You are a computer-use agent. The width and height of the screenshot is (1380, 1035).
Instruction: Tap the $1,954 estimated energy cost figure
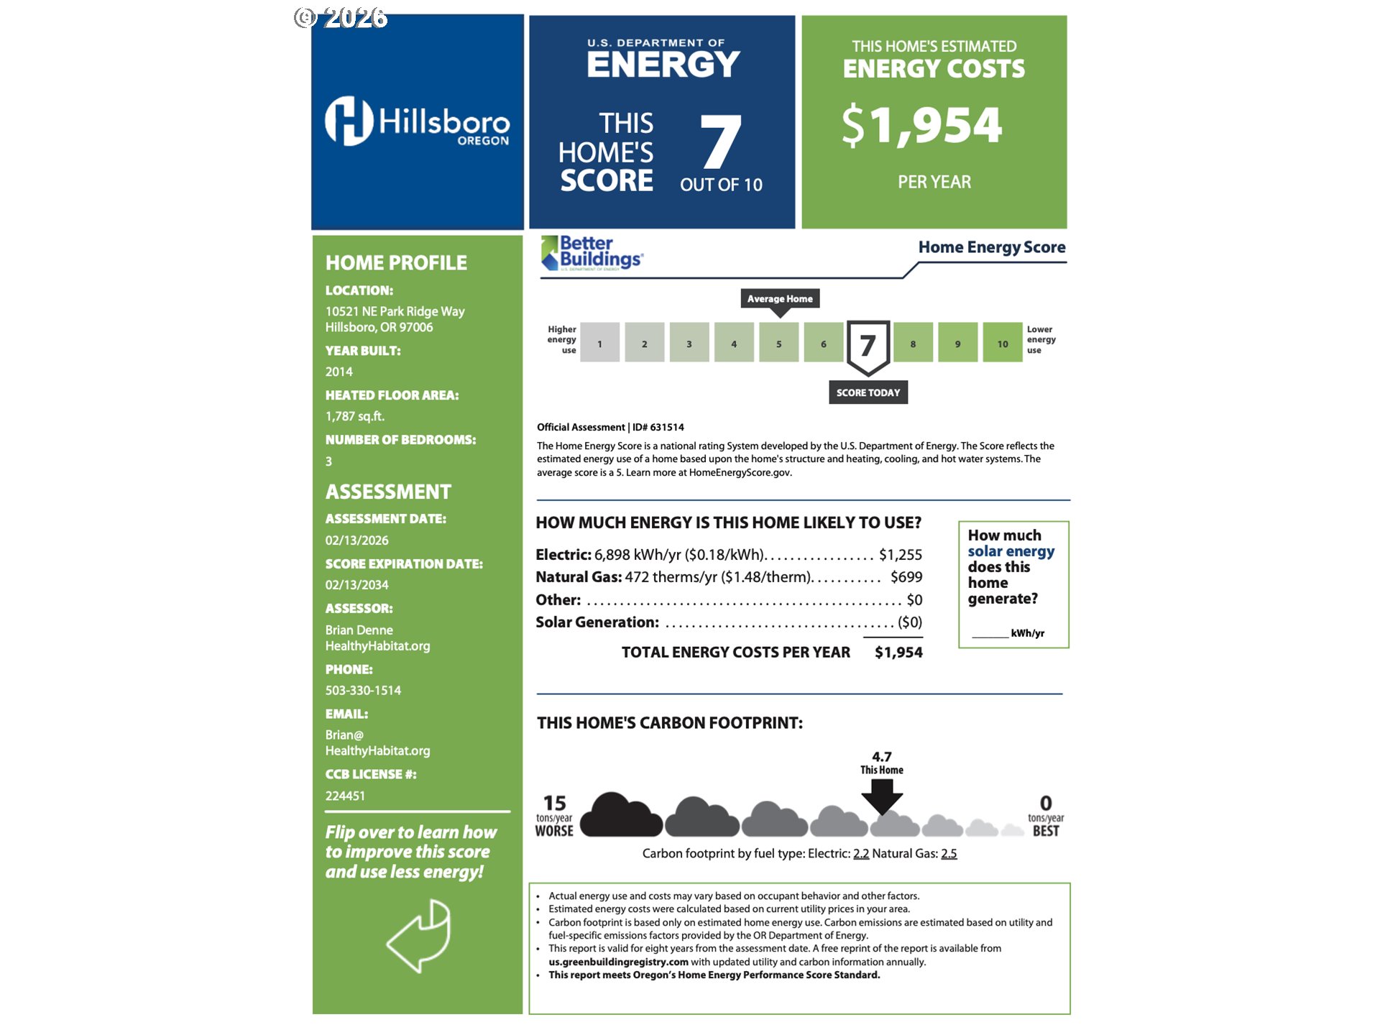[922, 125]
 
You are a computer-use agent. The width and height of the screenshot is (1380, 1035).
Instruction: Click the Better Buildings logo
[592, 253]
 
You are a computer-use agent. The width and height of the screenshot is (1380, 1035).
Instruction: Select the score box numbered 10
[1002, 343]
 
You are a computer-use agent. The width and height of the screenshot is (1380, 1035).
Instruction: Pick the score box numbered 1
[599, 343]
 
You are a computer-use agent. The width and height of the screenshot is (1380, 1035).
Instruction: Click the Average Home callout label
[780, 298]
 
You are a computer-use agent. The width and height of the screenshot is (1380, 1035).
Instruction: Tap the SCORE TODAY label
[868, 392]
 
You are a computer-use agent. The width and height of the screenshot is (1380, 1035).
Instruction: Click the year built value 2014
[339, 372]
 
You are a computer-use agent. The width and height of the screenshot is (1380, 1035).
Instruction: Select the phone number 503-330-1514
[363, 690]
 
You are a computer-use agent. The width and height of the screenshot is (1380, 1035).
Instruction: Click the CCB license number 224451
[345, 796]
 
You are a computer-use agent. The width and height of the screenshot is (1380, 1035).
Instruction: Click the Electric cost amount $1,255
[900, 555]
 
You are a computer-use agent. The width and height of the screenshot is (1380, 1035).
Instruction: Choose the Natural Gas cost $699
[906, 577]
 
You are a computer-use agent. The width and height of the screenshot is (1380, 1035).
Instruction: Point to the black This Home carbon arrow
[882, 796]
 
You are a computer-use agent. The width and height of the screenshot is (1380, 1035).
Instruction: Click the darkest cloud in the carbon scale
[620, 816]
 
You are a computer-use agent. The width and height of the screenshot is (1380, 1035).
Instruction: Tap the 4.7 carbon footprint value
[882, 757]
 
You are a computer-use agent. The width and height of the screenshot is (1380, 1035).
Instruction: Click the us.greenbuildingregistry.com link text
[618, 962]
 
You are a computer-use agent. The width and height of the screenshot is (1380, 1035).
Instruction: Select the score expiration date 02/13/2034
[356, 585]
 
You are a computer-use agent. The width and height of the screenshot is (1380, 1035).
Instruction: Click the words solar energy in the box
[1011, 551]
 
